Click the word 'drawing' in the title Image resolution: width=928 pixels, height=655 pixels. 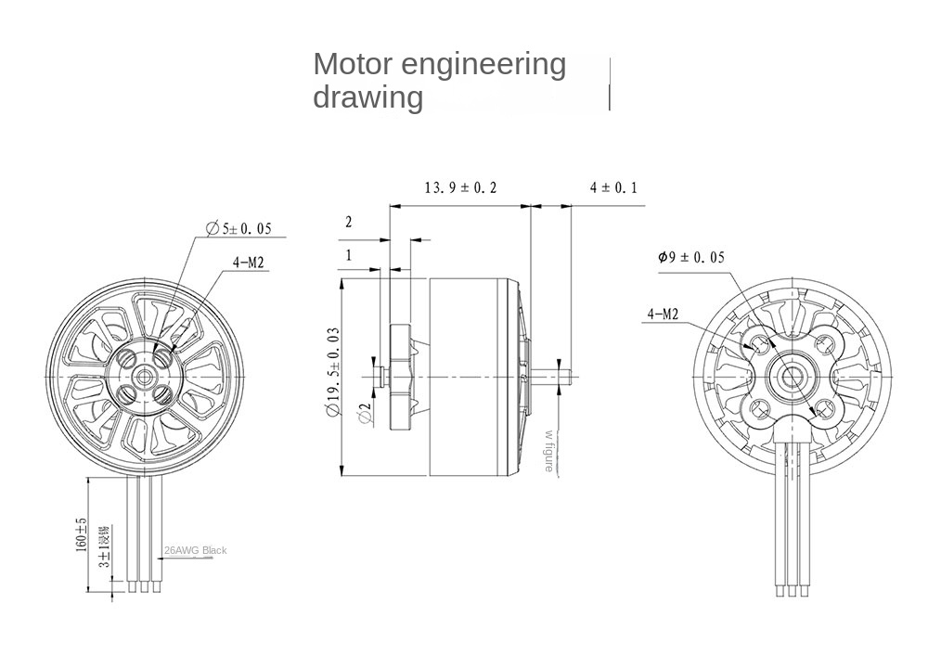click(x=367, y=96)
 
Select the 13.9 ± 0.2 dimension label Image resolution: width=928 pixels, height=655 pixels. click(x=460, y=187)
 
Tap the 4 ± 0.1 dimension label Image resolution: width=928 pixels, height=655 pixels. click(x=613, y=187)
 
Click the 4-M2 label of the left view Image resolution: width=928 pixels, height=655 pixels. click(x=250, y=263)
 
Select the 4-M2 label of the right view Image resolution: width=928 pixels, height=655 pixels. click(x=663, y=315)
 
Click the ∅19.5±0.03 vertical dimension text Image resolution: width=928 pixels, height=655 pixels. click(x=333, y=371)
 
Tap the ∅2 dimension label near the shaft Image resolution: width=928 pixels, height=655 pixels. click(x=365, y=414)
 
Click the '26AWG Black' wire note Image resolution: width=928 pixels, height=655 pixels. click(x=195, y=550)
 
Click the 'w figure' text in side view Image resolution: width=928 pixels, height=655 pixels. click(x=549, y=451)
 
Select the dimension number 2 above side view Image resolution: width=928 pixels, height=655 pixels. click(x=349, y=222)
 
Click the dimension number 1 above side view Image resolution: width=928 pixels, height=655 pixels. click(x=349, y=255)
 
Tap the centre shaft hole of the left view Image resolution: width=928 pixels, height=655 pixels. click(x=145, y=373)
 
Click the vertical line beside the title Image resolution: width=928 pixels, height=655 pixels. click(x=610, y=83)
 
